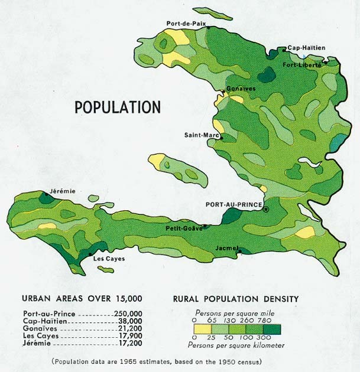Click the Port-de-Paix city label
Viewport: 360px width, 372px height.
coord(186,23)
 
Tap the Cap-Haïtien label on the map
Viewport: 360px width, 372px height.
coord(306,48)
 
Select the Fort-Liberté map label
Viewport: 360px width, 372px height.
coord(302,65)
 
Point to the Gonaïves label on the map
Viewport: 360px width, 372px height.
coord(241,88)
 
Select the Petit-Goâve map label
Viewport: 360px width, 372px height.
coord(184,228)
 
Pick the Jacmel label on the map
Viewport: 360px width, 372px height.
coord(226,247)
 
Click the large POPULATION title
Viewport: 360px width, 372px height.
coord(117,107)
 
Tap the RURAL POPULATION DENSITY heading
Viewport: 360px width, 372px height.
coord(235,299)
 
